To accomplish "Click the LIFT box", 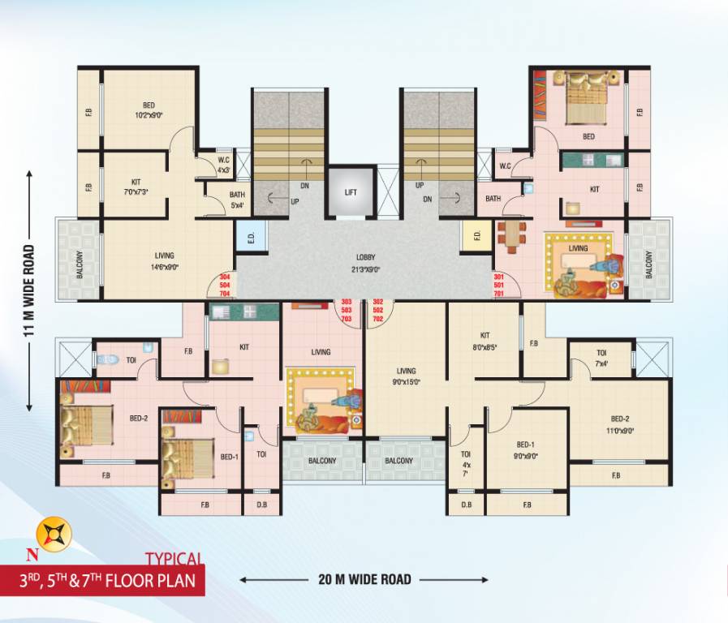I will pyautogui.click(x=351, y=192).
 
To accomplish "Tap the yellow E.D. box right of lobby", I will pyautogui.click(x=477, y=238).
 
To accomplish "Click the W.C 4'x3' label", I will pyautogui.click(x=222, y=165).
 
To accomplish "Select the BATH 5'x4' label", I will pyautogui.click(x=237, y=200).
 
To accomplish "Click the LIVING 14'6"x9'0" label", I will pyautogui.click(x=164, y=261).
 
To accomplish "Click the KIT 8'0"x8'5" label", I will pyautogui.click(x=485, y=340).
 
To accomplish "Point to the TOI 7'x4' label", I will pyautogui.click(x=601, y=359).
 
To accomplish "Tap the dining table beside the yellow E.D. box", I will pyautogui.click(x=511, y=235).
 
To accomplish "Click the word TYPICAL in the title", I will pyautogui.click(x=173, y=558).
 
